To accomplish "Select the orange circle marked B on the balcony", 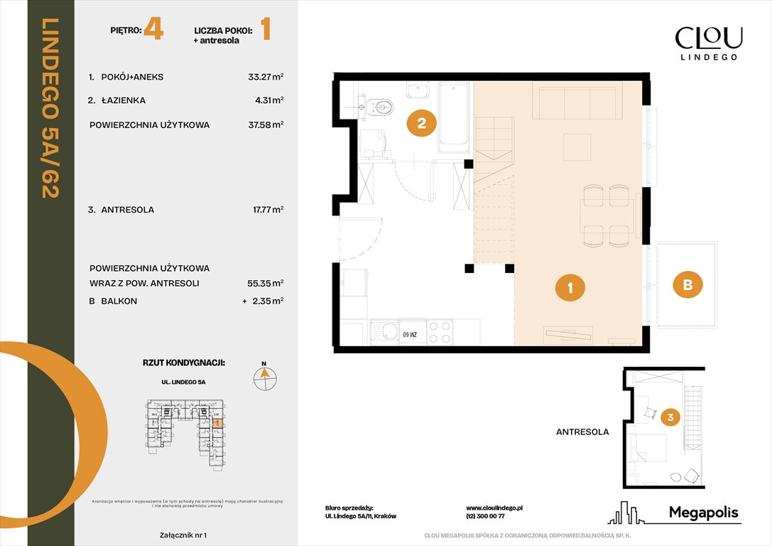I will [687, 285].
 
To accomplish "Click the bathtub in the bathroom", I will [452, 117].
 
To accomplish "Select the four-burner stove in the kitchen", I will [439, 332].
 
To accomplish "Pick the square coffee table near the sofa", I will [577, 147].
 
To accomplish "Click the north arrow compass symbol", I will [265, 378].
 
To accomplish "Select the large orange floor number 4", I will [153, 31].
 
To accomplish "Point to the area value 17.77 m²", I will [263, 210].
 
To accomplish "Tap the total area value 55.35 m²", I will [263, 283].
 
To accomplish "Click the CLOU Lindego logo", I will [708, 42].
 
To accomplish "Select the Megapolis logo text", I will [704, 513].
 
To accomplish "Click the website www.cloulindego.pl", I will [494, 508].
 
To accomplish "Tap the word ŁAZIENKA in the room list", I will [123, 101].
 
